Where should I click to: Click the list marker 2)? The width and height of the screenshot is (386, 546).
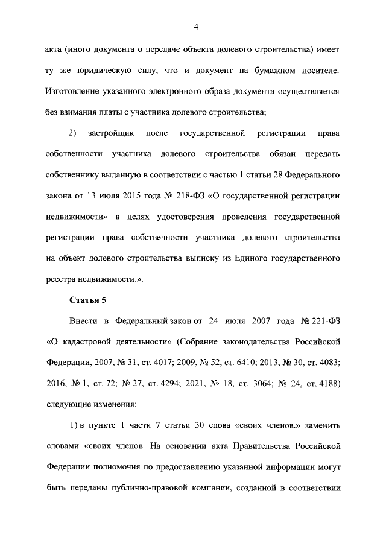coord(72,133)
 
